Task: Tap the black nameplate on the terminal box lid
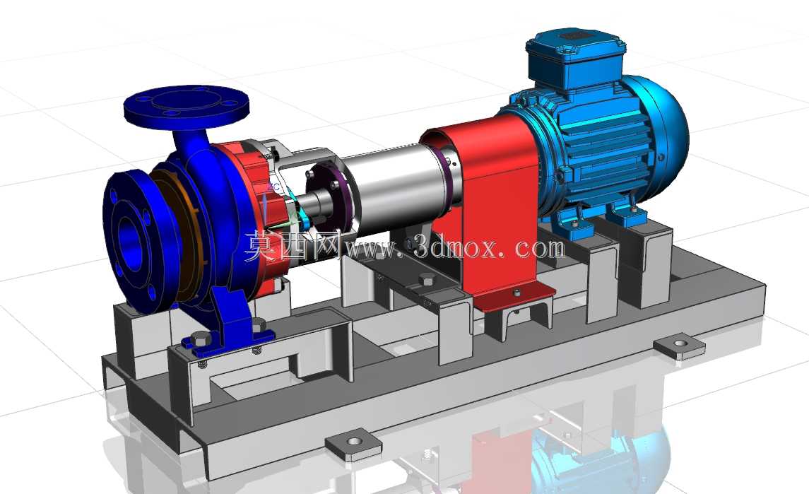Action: (571, 37)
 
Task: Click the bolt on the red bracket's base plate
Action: (516, 293)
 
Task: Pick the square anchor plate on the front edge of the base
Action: (354, 443)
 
